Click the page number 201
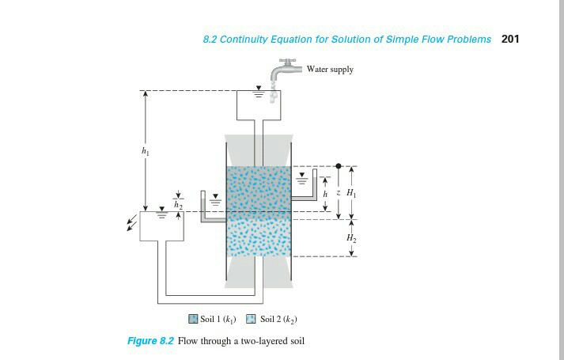(x=510, y=40)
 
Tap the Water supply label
(x=330, y=70)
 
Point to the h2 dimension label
(x=178, y=203)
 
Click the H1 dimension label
(x=352, y=193)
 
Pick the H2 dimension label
(x=352, y=237)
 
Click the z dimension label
(x=338, y=193)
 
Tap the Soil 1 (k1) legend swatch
(x=193, y=320)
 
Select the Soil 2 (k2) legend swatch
(x=251, y=320)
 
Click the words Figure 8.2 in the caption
(x=150, y=341)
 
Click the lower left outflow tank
(x=161, y=224)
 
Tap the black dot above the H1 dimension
(x=339, y=166)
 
